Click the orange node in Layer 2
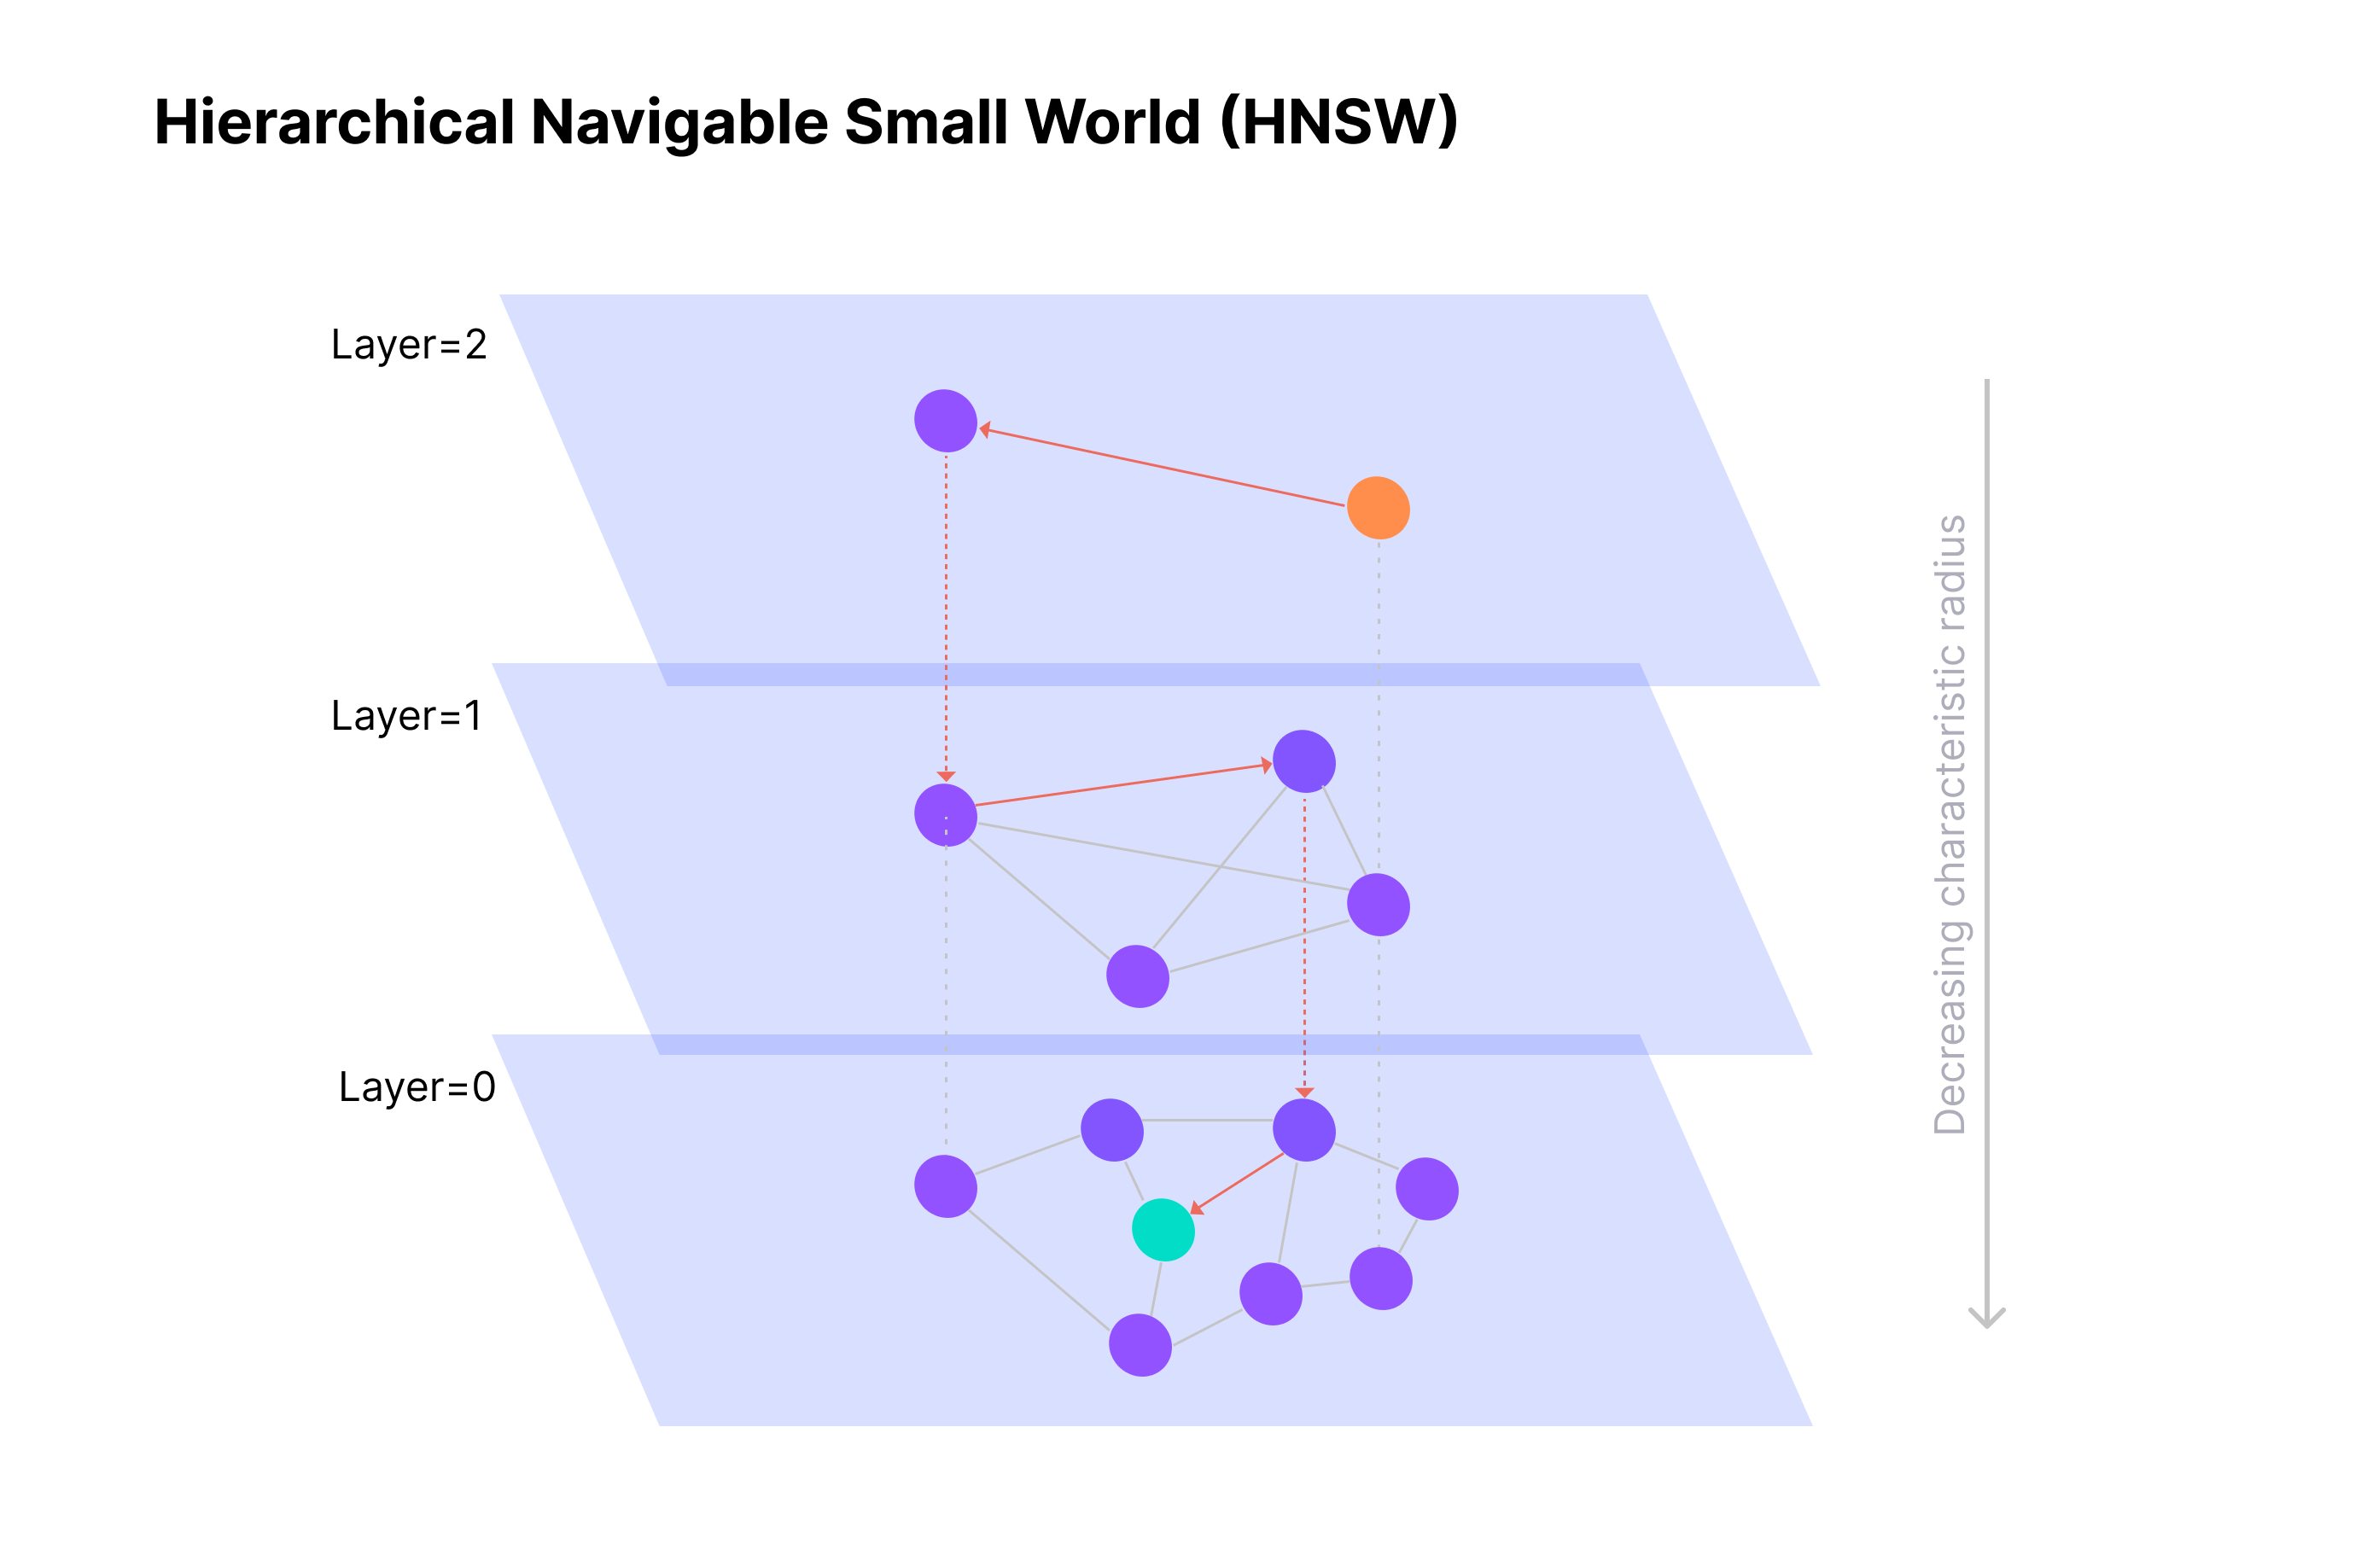1378,508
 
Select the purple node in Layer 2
945,421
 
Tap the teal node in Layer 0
1163,1229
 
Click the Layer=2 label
409,345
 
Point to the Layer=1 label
406,715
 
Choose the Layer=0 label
417,1086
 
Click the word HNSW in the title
1339,122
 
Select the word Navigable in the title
679,122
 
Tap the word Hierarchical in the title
335,122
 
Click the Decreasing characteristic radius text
1950,824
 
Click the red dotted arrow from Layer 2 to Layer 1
947,609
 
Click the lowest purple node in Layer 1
1137,976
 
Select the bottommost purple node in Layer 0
1140,1344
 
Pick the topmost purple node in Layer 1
1304,761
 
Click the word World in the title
1113,122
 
